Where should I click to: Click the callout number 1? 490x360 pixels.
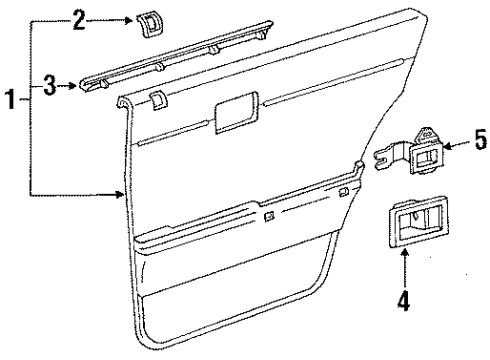[x=10, y=101]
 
